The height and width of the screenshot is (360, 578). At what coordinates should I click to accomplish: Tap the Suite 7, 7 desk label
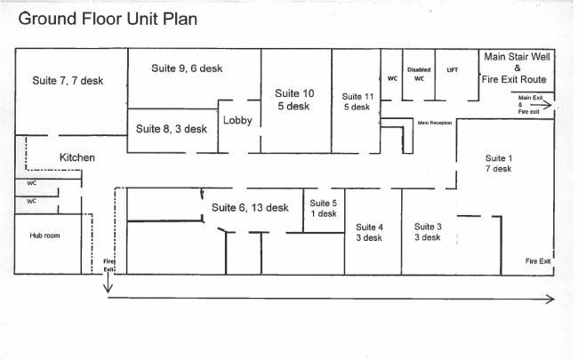[68, 81]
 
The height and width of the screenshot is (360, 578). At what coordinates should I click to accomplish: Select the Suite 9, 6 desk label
[187, 68]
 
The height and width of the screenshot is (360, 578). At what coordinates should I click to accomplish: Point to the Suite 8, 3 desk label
[172, 129]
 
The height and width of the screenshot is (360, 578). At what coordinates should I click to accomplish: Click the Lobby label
[237, 121]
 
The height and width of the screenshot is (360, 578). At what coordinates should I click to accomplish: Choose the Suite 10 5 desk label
[293, 100]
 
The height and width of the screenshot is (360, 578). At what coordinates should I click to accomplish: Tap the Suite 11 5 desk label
[356, 101]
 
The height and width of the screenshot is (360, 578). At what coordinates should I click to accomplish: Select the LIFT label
[453, 69]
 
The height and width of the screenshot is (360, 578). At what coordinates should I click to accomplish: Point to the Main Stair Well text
[518, 56]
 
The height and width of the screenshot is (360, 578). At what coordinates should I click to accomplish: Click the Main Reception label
[435, 123]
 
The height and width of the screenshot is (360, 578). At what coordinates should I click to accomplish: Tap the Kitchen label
[77, 157]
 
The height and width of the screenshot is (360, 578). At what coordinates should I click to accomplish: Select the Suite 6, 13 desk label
[250, 208]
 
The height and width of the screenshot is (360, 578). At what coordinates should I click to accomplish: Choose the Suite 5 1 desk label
[324, 208]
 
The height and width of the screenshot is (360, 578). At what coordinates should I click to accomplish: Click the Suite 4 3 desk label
[370, 232]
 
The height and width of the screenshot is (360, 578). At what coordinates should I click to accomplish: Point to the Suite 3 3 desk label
[427, 232]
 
